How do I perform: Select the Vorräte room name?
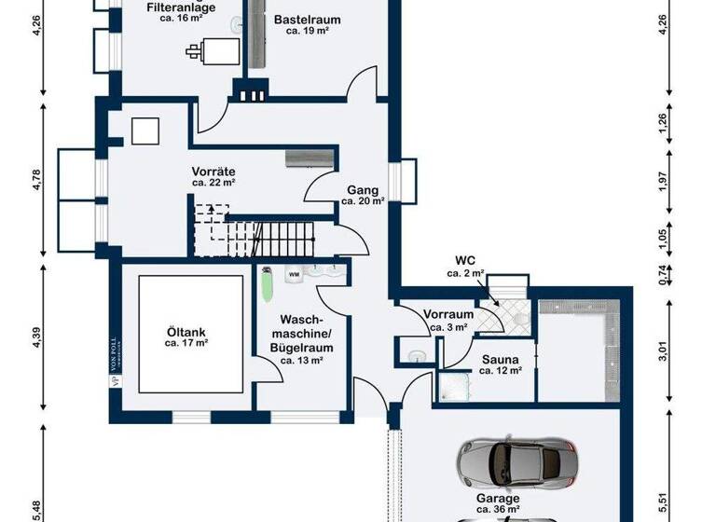(x=213, y=172)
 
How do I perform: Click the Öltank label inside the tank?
(x=186, y=331)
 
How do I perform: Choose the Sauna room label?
(x=500, y=358)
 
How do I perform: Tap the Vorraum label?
(x=448, y=315)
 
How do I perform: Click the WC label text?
(x=465, y=260)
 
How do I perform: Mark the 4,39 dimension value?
(x=37, y=338)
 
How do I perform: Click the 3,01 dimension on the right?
(x=663, y=350)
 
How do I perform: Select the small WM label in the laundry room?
(x=294, y=275)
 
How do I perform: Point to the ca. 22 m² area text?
(x=213, y=184)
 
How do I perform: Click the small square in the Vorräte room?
(x=145, y=131)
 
